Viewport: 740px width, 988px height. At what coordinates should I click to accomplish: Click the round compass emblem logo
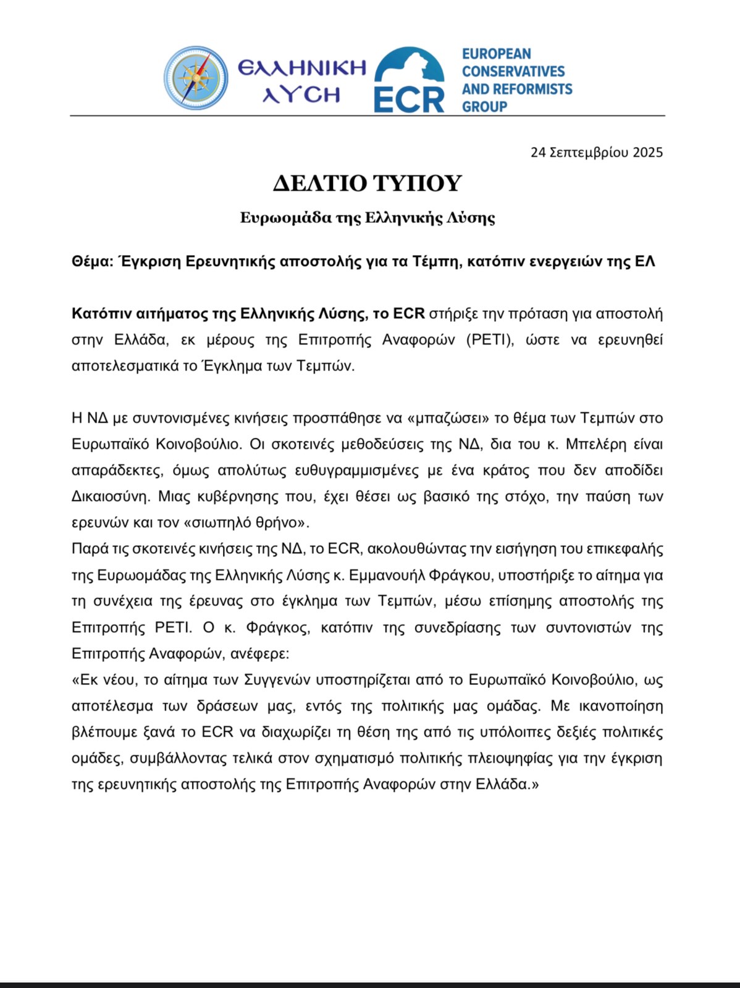coord(196,78)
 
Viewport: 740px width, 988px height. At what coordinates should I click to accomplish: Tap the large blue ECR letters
coord(409,99)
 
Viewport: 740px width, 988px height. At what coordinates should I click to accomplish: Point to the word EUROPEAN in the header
coord(496,54)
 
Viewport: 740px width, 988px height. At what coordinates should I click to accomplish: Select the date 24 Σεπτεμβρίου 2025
coord(596,152)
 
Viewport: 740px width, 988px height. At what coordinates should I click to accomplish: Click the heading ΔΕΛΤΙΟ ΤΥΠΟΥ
coord(368,183)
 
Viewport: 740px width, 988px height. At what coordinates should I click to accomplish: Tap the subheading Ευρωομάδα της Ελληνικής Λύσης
coord(368,217)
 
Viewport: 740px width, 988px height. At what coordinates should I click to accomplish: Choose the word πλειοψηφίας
coord(511,758)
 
